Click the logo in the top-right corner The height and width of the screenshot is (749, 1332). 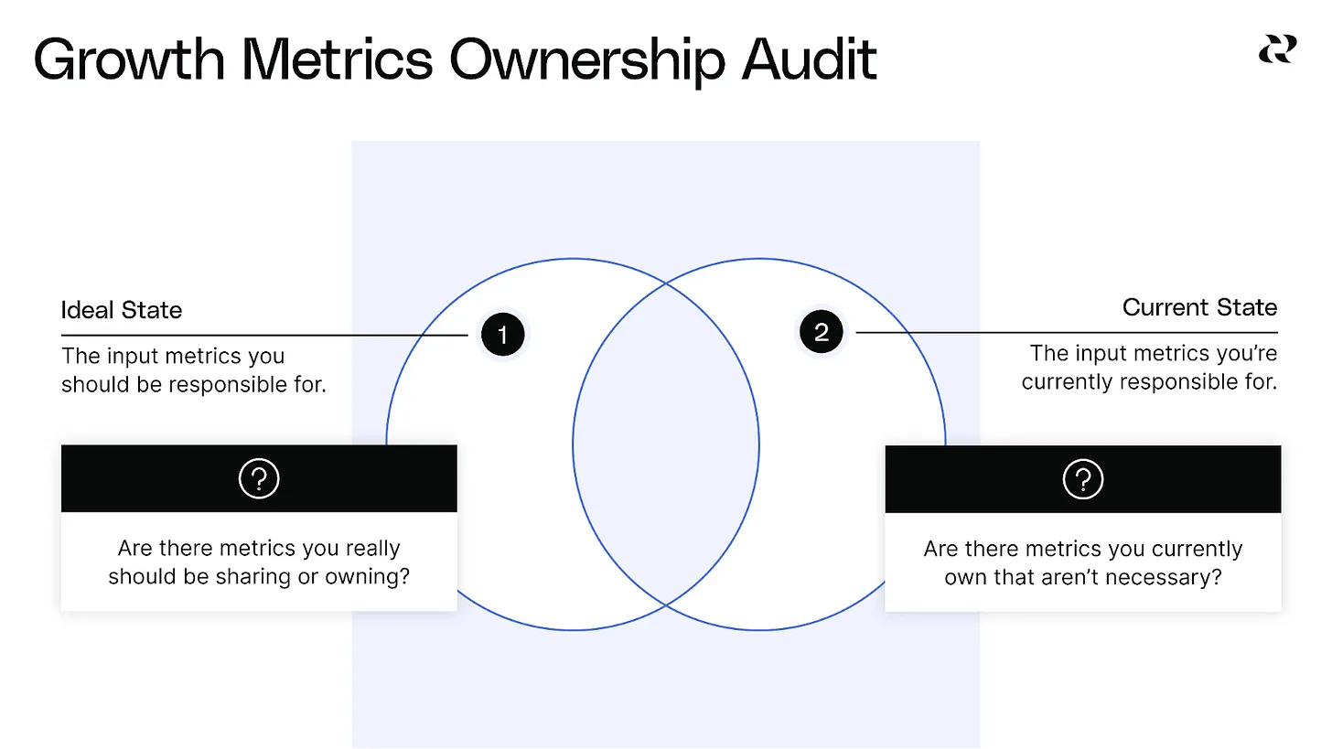click(1277, 48)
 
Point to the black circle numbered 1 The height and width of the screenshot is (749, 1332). click(501, 336)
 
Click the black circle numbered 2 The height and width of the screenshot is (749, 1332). click(822, 332)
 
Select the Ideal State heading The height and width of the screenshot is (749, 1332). click(122, 310)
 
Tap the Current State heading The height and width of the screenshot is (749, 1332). click(1199, 307)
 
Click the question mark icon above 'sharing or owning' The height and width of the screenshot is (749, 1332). click(259, 478)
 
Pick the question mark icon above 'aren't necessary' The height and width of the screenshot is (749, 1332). click(1083, 478)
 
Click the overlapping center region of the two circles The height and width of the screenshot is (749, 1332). click(666, 445)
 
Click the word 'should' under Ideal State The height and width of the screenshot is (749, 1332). click(91, 384)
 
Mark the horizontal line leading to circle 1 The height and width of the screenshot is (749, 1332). click(265, 336)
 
